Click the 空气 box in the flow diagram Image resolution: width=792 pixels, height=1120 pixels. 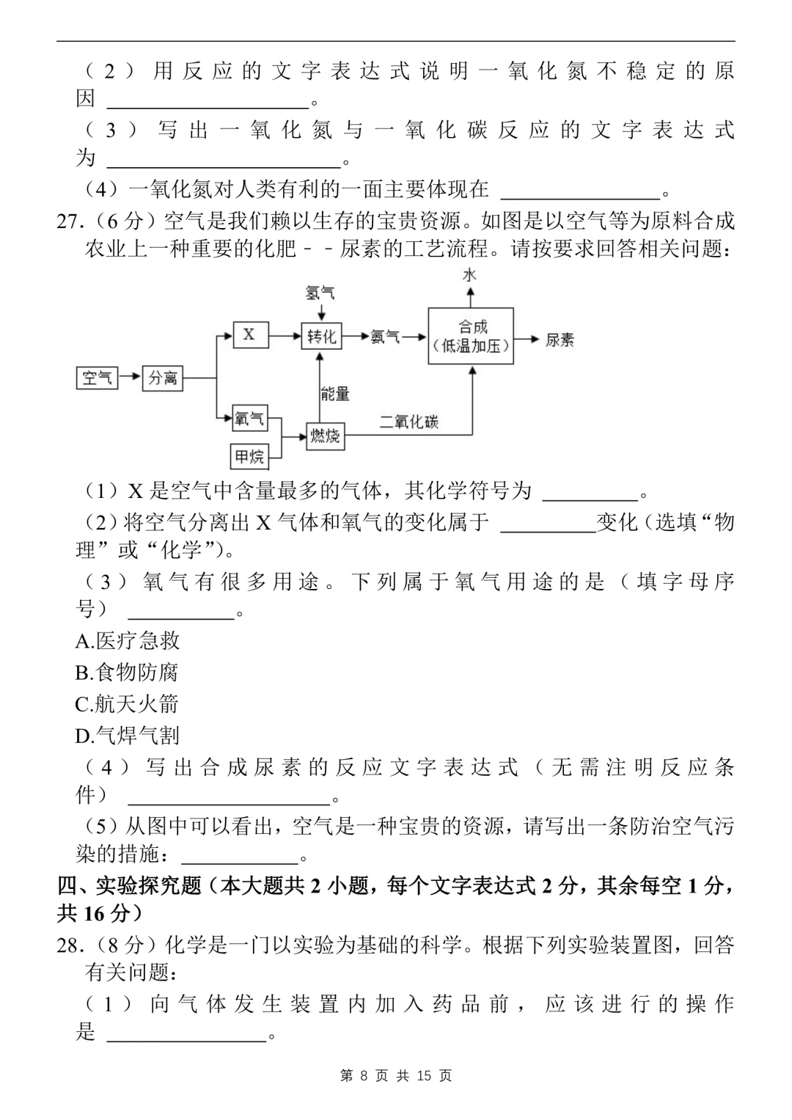tap(97, 378)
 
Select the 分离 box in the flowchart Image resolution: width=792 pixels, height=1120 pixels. tap(162, 378)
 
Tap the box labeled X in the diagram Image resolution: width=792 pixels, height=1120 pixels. tap(249, 334)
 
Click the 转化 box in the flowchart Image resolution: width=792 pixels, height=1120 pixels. tap(321, 336)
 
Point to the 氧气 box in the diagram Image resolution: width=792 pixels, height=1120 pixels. tap(249, 419)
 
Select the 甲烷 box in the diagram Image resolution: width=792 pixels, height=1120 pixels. tap(249, 456)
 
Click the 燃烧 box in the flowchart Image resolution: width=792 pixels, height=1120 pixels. tap(324, 436)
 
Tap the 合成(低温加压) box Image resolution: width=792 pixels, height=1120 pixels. tap(471, 336)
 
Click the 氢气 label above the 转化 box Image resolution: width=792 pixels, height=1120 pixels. tap(320, 293)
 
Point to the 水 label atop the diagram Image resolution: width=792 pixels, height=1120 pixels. tap(470, 274)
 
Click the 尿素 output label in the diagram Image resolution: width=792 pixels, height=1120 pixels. tap(560, 340)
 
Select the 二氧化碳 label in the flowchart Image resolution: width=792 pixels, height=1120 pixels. tap(409, 422)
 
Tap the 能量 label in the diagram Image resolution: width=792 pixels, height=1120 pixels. tap(335, 393)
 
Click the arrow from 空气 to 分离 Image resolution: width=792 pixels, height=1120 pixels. tap(129, 377)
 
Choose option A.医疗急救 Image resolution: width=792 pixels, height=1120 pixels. tap(128, 641)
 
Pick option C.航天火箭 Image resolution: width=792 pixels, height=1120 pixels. tap(127, 704)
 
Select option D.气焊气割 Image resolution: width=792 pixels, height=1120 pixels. tap(128, 735)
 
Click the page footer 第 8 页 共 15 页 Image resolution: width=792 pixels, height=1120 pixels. tap(396, 1075)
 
